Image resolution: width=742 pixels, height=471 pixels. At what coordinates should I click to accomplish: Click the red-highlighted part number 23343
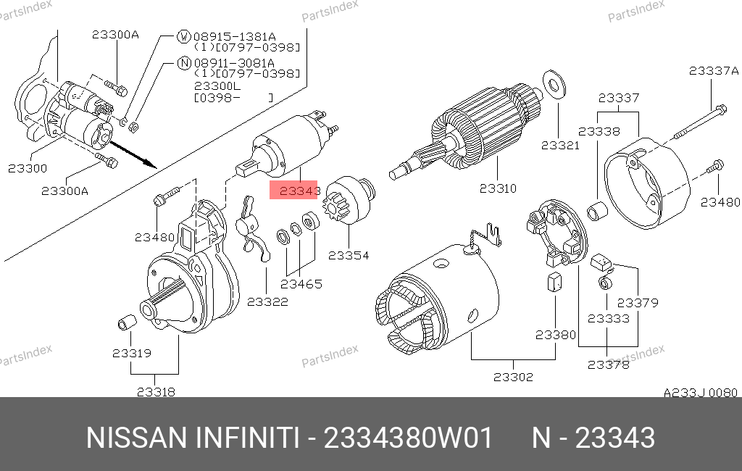[x=299, y=191]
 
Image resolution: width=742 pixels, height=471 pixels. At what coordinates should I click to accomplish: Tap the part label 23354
[x=349, y=255]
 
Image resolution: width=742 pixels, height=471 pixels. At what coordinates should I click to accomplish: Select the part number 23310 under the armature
[x=498, y=188]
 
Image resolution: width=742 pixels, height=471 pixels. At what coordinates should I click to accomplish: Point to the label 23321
[x=560, y=146]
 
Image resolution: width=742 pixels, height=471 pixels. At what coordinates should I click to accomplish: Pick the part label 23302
[x=514, y=377]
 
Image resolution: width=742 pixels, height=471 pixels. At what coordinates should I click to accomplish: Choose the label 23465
[x=301, y=284]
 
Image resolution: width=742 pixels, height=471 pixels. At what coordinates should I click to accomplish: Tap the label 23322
[x=267, y=301]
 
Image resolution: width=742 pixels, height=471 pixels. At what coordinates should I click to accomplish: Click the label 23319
[x=132, y=353]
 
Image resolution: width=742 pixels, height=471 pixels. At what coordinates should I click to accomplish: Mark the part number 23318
[x=156, y=392]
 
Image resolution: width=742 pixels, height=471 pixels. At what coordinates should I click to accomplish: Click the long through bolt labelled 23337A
[x=699, y=122]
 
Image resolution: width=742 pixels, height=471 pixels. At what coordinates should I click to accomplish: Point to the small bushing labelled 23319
[x=127, y=322]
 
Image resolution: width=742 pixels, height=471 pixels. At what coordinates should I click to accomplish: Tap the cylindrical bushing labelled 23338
[x=596, y=211]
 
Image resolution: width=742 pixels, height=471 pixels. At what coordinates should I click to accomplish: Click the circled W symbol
[x=183, y=36]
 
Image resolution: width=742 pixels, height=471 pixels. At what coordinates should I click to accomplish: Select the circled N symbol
[x=184, y=62]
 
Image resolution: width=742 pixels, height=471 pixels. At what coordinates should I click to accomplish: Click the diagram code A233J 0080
[x=701, y=393]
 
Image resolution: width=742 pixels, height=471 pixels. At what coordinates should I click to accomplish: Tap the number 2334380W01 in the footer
[x=409, y=438]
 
